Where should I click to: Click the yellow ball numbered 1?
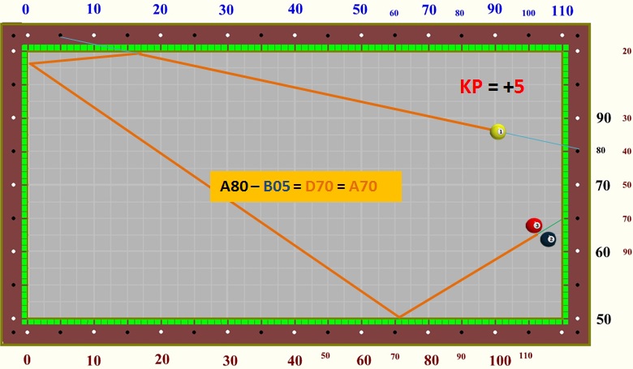click(498, 131)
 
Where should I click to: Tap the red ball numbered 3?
click(533, 225)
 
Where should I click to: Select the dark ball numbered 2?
click(549, 239)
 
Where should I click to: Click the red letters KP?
click(471, 88)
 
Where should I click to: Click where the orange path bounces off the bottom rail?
click(398, 317)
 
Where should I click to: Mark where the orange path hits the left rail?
click(29, 62)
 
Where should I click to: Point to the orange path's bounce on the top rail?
click(137, 53)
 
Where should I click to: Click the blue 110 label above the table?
click(562, 11)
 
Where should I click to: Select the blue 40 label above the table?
click(295, 10)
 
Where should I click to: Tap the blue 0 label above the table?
click(26, 10)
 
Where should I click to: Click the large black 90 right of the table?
click(604, 118)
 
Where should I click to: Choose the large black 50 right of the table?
click(604, 319)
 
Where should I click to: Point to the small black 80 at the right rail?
click(601, 150)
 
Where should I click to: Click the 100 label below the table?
click(501, 360)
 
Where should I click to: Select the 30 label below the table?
click(230, 360)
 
